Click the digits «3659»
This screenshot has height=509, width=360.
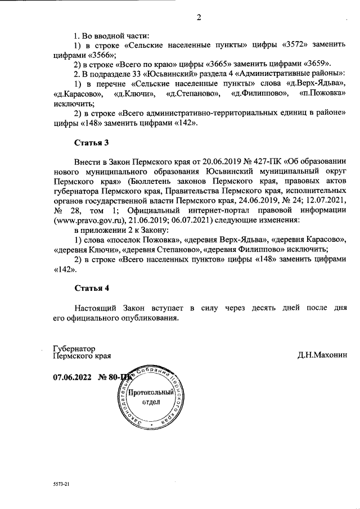pos(319,63)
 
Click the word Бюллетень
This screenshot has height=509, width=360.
pos(152,181)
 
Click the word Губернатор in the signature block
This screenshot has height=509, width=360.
pos(74,348)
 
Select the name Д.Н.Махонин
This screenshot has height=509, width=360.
pos(323,355)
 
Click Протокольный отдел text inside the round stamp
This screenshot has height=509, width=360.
pos(149,398)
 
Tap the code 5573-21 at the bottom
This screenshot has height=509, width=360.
pos(61,484)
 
